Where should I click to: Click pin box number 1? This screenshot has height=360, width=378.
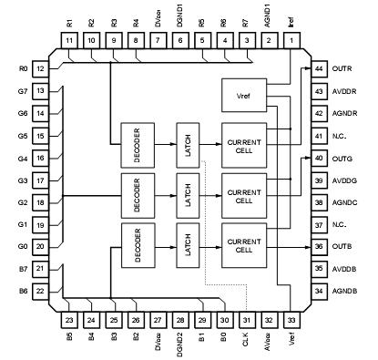coord(291,41)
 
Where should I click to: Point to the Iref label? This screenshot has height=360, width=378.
coord(291,16)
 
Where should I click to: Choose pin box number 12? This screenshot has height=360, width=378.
coord(41,69)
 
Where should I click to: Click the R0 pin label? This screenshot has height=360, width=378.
coord(23,69)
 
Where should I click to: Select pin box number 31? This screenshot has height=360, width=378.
coord(247,320)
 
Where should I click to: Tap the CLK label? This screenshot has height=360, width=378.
coord(247,345)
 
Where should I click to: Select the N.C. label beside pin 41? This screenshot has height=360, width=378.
coord(342,136)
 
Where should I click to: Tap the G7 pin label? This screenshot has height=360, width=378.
coord(23,91)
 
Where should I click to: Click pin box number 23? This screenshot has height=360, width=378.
coord(69,320)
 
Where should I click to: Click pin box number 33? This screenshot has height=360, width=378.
coord(291,320)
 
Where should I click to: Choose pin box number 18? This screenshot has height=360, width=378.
coord(41,202)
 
